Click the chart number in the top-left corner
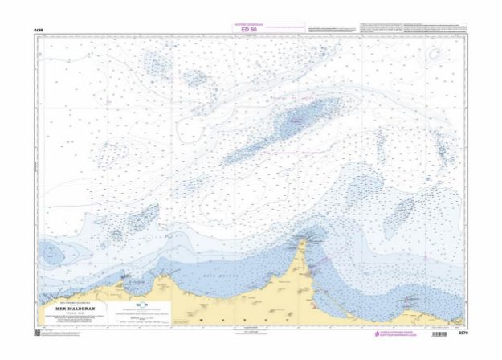tap(38, 30)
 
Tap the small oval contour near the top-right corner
tap(435, 55)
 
